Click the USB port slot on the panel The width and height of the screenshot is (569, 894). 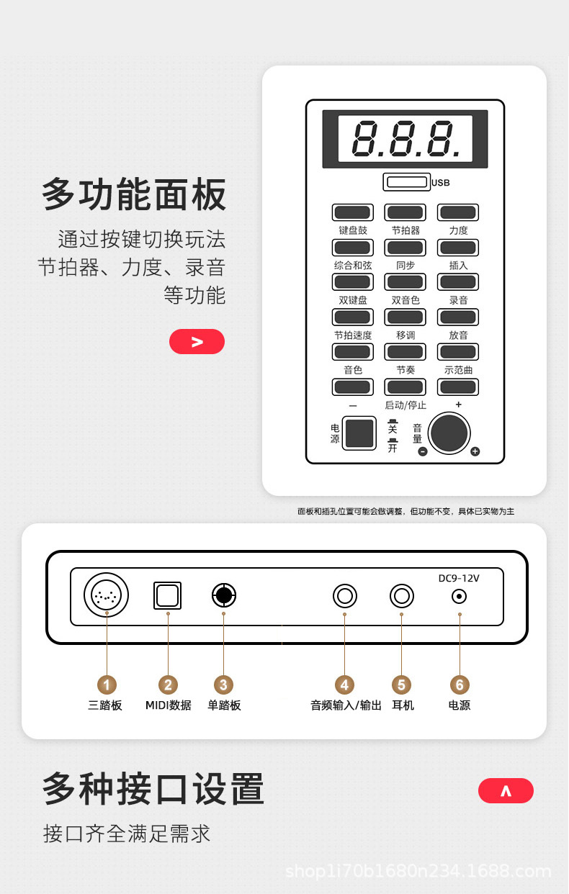pyautogui.click(x=406, y=182)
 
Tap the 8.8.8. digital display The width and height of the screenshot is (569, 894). pyautogui.click(x=406, y=138)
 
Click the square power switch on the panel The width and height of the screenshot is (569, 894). pyautogui.click(x=359, y=433)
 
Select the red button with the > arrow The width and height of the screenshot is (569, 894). pyautogui.click(x=197, y=342)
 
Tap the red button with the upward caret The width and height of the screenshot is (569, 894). pyautogui.click(x=506, y=790)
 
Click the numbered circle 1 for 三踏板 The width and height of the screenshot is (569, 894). pyautogui.click(x=107, y=685)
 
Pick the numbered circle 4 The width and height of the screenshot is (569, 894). pyautogui.click(x=344, y=685)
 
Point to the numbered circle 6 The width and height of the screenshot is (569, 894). pyautogui.click(x=460, y=685)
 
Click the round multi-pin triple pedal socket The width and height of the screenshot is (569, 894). pyautogui.click(x=106, y=595)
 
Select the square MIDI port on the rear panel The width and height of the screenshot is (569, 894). pyautogui.click(x=167, y=595)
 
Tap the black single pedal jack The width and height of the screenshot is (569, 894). pyautogui.click(x=223, y=595)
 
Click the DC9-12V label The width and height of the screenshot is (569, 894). pyautogui.click(x=459, y=578)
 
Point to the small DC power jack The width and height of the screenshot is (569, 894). pyautogui.click(x=460, y=597)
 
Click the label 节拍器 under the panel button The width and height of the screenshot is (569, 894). pyautogui.click(x=406, y=230)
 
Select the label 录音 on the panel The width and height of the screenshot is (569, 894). pyautogui.click(x=458, y=300)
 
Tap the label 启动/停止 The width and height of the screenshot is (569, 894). pyautogui.click(x=406, y=405)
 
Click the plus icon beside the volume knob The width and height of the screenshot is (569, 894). pyautogui.click(x=475, y=451)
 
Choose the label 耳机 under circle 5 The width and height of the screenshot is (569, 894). pyautogui.click(x=403, y=705)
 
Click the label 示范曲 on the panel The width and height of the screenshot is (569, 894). pyautogui.click(x=458, y=370)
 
